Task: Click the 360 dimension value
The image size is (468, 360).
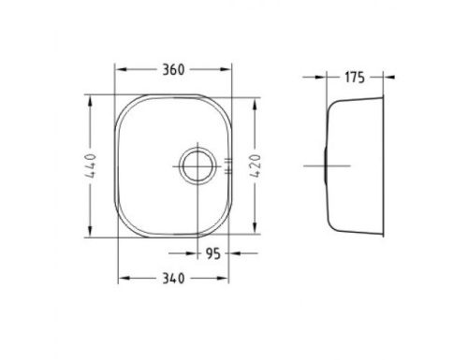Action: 173,70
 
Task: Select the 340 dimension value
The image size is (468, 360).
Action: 173,279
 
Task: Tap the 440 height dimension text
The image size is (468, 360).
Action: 91,166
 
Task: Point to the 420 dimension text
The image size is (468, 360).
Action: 255,166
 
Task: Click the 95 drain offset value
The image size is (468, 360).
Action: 213,253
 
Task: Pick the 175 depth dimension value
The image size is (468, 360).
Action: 355,78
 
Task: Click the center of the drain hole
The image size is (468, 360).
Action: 197,166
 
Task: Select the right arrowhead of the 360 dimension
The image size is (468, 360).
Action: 225,69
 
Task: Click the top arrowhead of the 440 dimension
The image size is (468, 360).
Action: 91,102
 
